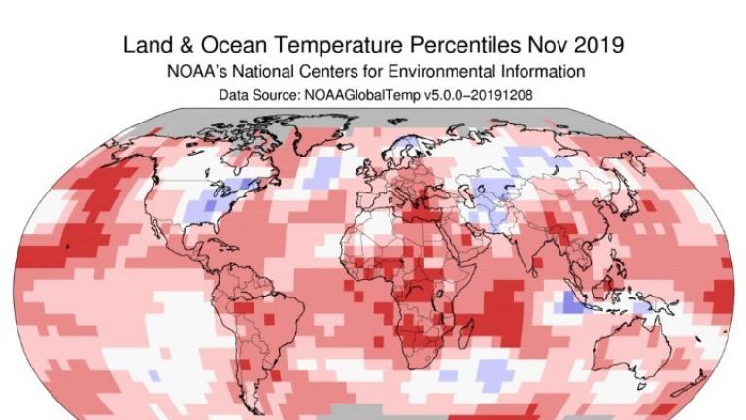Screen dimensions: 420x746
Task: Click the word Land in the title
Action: point(147,46)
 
